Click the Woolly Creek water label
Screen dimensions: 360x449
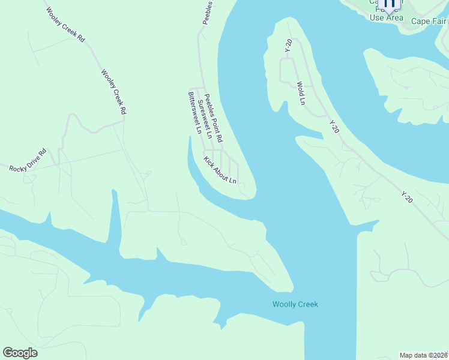pos(295,304)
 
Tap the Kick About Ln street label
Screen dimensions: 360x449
pos(220,170)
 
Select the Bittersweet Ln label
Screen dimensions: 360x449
pos(195,112)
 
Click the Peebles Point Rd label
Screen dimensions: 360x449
pos(214,118)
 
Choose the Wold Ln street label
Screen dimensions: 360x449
pos(300,93)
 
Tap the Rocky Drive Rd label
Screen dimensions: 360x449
pos(28,160)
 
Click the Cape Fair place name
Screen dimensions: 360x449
pos(429,21)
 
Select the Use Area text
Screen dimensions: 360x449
pos(387,17)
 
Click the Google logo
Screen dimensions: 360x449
pos(20,353)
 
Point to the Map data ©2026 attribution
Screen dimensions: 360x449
pos(424,355)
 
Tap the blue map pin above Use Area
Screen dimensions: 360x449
pos(389,4)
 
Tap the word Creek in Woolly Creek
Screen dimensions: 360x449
pos(307,304)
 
